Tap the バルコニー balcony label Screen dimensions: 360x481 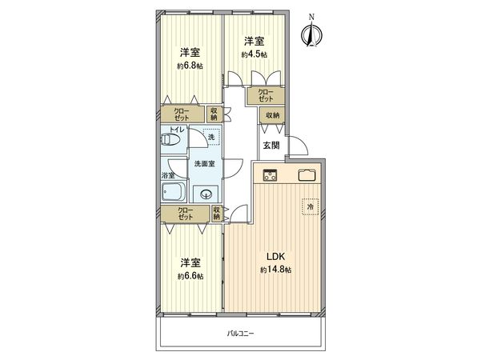pos(239,333)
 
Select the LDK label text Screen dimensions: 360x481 pos(276,258)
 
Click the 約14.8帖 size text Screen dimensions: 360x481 pos(276,271)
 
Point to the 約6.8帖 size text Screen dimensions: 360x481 pos(190,66)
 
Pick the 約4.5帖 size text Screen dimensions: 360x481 pos(255,54)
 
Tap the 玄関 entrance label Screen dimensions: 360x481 pos(271,145)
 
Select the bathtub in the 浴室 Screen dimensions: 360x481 pos(173,192)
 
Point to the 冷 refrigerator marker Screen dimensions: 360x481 pos(311,206)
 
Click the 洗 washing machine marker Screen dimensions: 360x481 pos(211,138)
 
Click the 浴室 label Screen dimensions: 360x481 pos(167,174)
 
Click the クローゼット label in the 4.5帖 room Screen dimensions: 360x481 pos(264,96)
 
